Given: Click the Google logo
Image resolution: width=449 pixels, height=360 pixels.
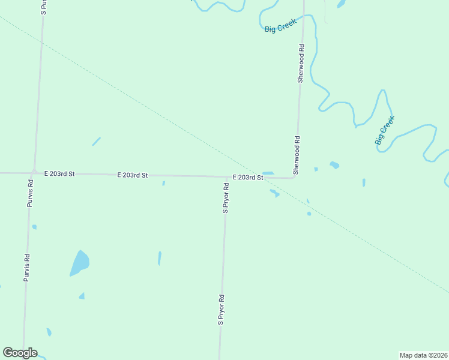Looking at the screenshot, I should (x=20, y=353).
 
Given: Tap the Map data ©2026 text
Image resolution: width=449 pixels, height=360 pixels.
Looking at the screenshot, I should (x=423, y=355).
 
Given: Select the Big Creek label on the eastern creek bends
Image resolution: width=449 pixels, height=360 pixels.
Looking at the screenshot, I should (x=384, y=131).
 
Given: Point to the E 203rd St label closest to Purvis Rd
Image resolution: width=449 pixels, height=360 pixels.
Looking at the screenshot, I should (x=59, y=173).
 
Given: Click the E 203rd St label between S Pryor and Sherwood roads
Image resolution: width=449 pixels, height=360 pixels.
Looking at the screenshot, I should (x=248, y=178).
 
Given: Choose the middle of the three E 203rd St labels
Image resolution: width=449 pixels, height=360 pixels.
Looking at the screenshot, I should (x=132, y=175).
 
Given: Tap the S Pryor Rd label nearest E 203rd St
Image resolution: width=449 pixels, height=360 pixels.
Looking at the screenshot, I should (x=226, y=198).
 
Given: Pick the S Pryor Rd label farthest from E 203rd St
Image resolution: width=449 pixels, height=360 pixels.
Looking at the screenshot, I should (x=220, y=310).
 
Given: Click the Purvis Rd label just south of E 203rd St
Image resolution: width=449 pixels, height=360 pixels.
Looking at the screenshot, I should (x=30, y=193).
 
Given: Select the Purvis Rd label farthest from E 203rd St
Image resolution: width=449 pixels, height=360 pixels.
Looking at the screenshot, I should (x=26, y=268).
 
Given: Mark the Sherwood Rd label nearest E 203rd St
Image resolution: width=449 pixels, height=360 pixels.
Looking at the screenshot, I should (x=297, y=155).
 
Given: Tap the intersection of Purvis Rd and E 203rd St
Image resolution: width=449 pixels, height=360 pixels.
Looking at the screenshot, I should (x=34, y=172).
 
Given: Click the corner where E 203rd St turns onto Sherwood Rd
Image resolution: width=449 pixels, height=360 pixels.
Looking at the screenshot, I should (x=295, y=176).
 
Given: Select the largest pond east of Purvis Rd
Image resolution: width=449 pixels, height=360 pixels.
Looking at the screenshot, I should (x=79, y=263).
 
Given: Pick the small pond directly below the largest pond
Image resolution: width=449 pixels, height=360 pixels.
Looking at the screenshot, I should (x=82, y=296).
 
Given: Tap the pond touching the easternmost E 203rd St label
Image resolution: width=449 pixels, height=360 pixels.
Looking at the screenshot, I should (x=268, y=173).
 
